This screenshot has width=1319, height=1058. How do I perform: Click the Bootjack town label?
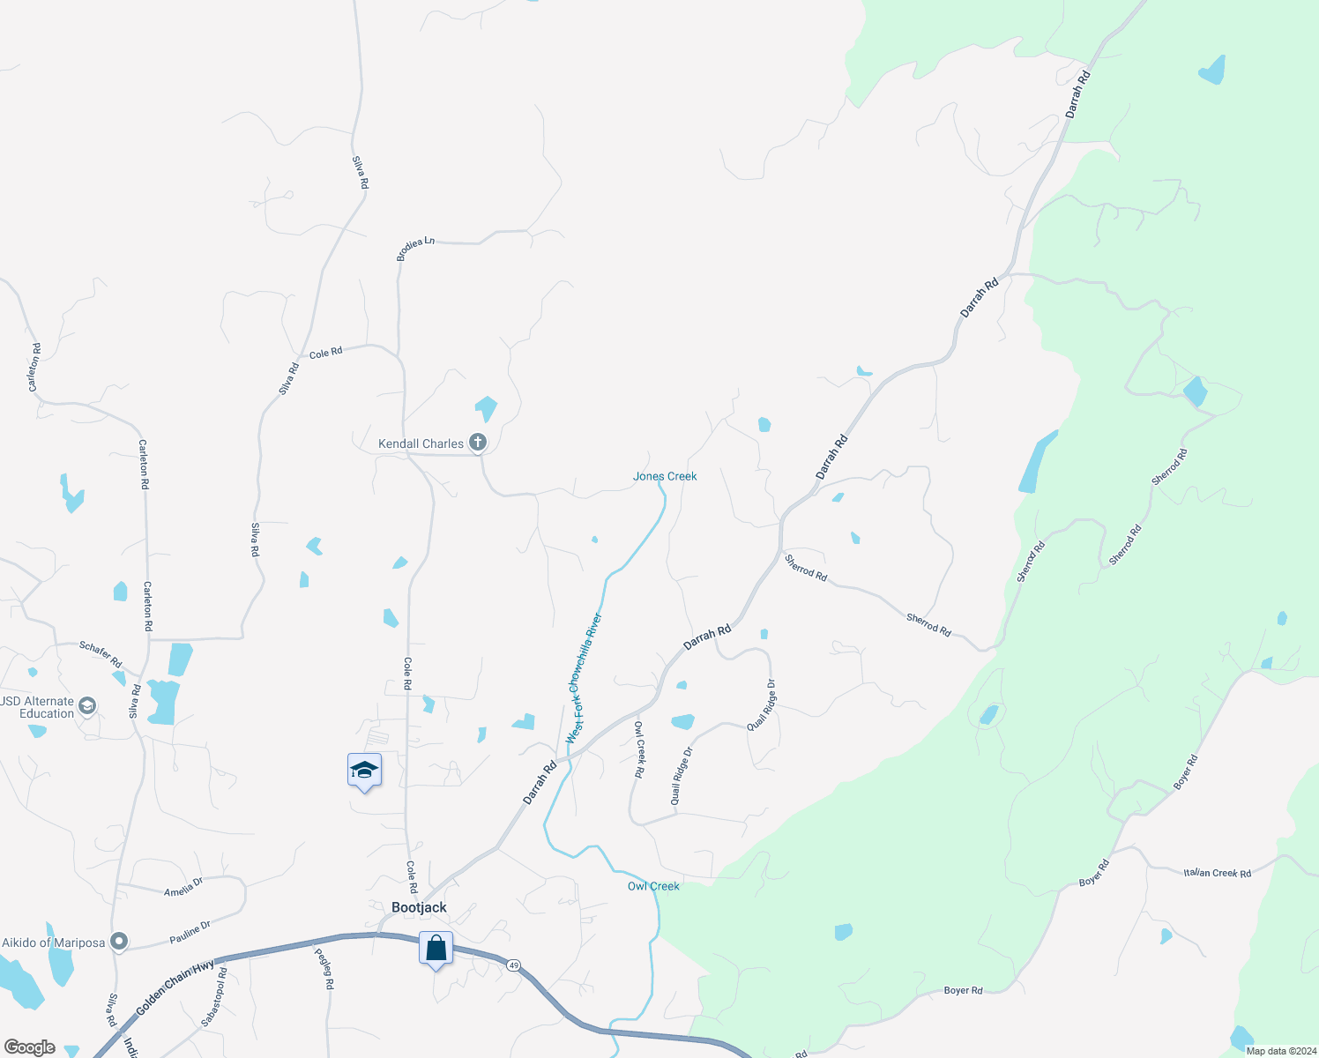click(419, 907)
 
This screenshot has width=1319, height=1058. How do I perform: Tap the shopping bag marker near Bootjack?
click(436, 949)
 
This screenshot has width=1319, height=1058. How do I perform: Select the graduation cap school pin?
click(364, 771)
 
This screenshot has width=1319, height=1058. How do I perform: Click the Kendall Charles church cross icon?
click(478, 442)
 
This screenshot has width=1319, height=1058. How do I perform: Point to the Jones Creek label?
click(665, 476)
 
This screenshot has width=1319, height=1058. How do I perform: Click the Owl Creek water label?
click(653, 886)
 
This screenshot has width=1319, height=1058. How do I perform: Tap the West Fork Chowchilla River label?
click(584, 679)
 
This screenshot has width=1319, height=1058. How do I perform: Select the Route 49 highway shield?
click(514, 965)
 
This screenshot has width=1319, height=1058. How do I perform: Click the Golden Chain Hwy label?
click(175, 987)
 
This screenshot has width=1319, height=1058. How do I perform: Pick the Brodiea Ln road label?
click(415, 248)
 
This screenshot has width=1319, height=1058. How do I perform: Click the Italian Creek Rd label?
click(1217, 873)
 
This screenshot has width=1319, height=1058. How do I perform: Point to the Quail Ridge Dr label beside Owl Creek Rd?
click(682, 776)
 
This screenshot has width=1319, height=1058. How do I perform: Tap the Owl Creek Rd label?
click(640, 749)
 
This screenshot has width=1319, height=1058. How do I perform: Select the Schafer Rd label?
click(101, 654)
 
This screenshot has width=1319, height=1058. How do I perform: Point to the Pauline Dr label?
click(190, 931)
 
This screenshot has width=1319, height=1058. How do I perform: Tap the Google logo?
click(29, 1047)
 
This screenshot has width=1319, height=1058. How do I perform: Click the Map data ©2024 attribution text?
click(1280, 1051)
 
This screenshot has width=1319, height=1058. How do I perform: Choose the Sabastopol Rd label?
click(214, 997)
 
